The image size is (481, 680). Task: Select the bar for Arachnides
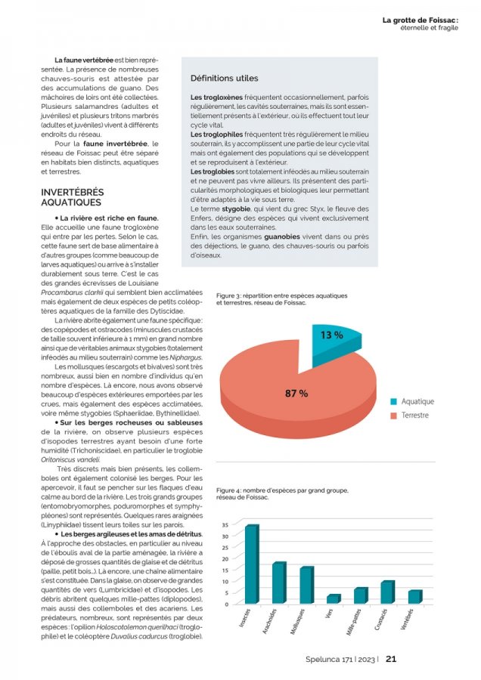pyautogui.click(x=278, y=583)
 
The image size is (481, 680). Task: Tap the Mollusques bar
pyautogui.click(x=306, y=586)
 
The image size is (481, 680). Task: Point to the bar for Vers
pyautogui.click(x=332, y=599)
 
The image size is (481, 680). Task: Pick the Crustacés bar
pyautogui.click(x=386, y=592)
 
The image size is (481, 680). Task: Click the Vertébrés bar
pyautogui.click(x=414, y=597)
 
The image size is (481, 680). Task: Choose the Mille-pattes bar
pyautogui.click(x=360, y=595)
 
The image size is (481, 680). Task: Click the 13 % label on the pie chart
pyautogui.click(x=331, y=335)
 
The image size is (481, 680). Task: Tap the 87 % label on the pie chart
pyautogui.click(x=296, y=394)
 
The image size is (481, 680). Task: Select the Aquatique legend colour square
pyautogui.click(x=394, y=402)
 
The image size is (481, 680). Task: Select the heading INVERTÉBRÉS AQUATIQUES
pyautogui.click(x=73, y=198)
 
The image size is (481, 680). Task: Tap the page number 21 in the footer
pyautogui.click(x=391, y=658)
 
